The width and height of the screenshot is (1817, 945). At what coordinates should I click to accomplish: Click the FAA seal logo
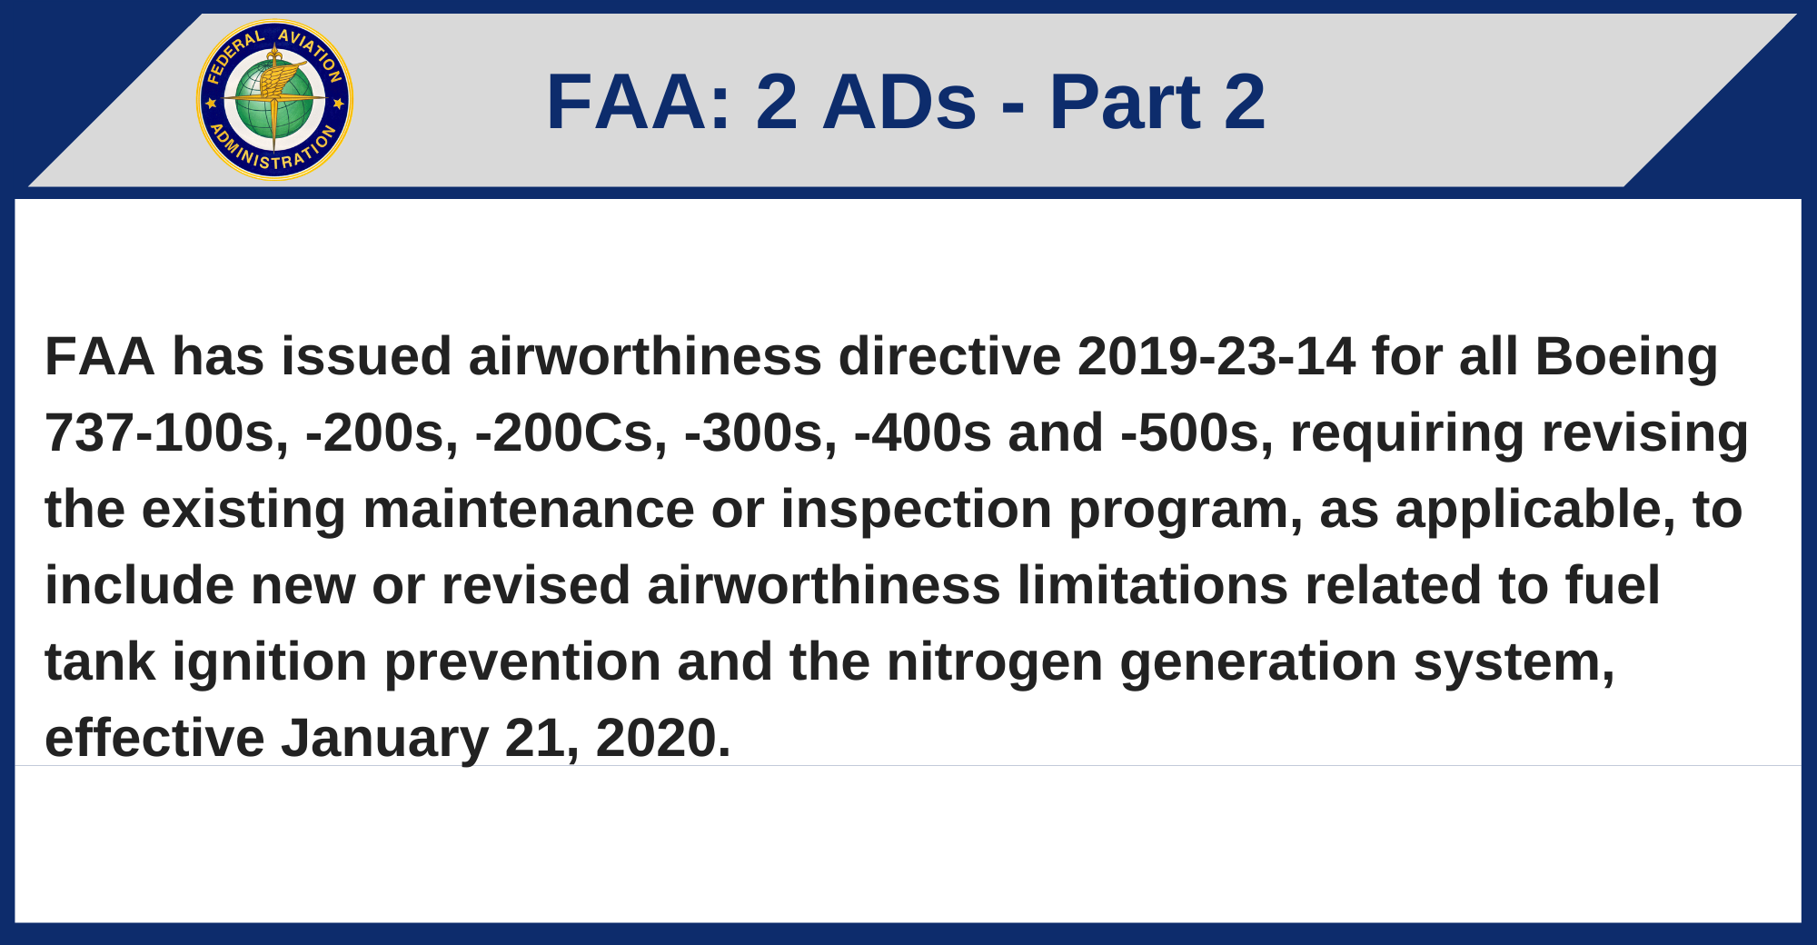[x=274, y=100]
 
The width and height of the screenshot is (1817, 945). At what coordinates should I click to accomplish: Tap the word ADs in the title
[x=899, y=102]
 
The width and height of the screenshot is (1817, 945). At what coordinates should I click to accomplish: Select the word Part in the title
[x=1126, y=102]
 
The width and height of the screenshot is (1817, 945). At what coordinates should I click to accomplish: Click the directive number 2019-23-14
[x=1216, y=356]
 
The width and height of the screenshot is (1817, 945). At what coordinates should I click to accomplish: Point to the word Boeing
[x=1626, y=356]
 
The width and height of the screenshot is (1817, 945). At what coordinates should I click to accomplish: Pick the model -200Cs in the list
[x=571, y=433]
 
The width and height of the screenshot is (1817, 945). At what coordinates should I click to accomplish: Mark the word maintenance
[x=528, y=509]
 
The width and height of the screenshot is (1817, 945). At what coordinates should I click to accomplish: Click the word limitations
[x=1152, y=585]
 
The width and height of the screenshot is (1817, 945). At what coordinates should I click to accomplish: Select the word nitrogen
[x=994, y=663]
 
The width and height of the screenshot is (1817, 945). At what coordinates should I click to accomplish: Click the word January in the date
[x=384, y=740]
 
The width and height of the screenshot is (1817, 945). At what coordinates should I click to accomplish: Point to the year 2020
[x=662, y=738]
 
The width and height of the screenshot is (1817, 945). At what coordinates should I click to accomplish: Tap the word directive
[x=948, y=356]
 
